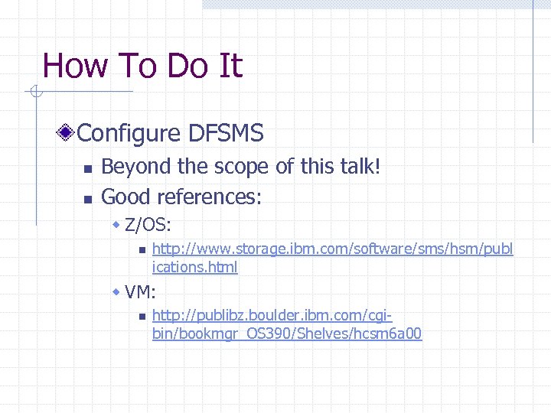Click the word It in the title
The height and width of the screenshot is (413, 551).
point(230,66)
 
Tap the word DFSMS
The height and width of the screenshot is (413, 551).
point(226,134)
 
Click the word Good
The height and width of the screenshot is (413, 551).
point(126,197)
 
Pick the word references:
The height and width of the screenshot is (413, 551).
point(210,197)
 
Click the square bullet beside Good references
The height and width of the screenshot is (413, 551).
point(87,199)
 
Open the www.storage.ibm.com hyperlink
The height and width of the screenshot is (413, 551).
point(333,249)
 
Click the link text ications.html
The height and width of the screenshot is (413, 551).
point(195,268)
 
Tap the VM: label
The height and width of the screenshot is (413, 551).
point(140,291)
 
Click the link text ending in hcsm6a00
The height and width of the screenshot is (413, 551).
point(287,334)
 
